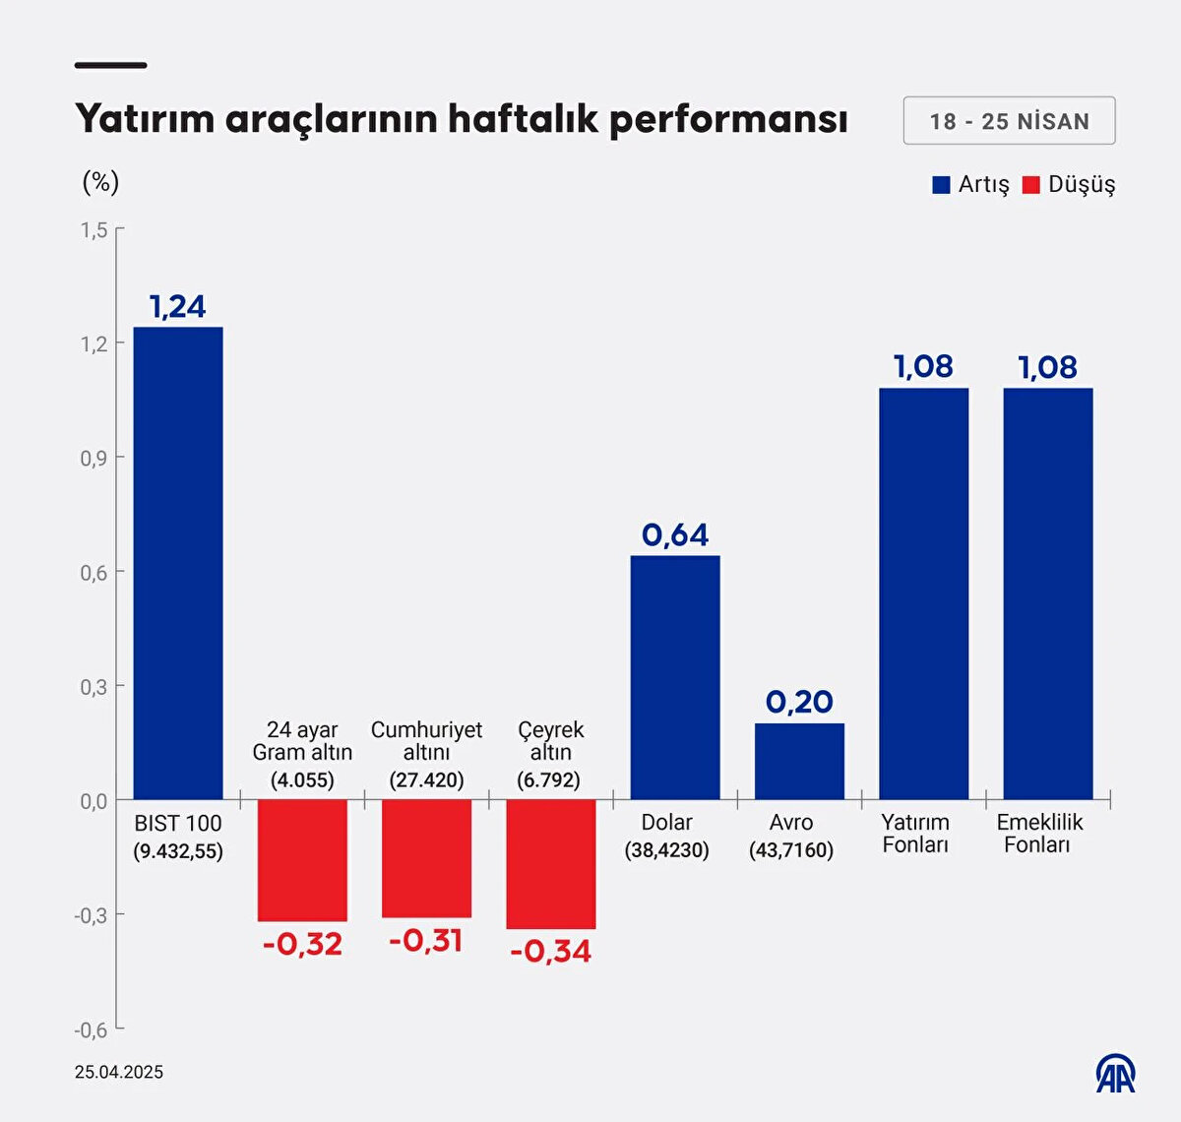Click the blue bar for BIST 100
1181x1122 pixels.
(178, 563)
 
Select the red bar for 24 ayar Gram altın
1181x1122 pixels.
(302, 860)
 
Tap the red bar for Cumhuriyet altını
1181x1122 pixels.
(426, 858)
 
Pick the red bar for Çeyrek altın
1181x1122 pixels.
(550, 864)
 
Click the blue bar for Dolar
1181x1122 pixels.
(675, 677)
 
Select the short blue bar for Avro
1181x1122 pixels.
(799, 761)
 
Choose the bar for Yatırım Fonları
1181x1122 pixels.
(923, 593)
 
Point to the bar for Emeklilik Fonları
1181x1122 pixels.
(1048, 593)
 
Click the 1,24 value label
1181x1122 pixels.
(178, 307)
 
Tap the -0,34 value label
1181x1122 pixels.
(551, 951)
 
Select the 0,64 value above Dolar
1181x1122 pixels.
(675, 534)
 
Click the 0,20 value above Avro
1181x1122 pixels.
(799, 702)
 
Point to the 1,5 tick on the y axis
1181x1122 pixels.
(94, 230)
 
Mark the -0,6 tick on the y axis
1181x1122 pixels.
(92, 1029)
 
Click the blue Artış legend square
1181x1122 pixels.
(941, 185)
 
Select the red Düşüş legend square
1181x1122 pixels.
(1031, 185)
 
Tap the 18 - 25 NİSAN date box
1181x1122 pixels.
(1009, 121)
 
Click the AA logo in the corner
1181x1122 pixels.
(1116, 1074)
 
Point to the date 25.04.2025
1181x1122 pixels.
(119, 1072)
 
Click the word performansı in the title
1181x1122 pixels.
(728, 120)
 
